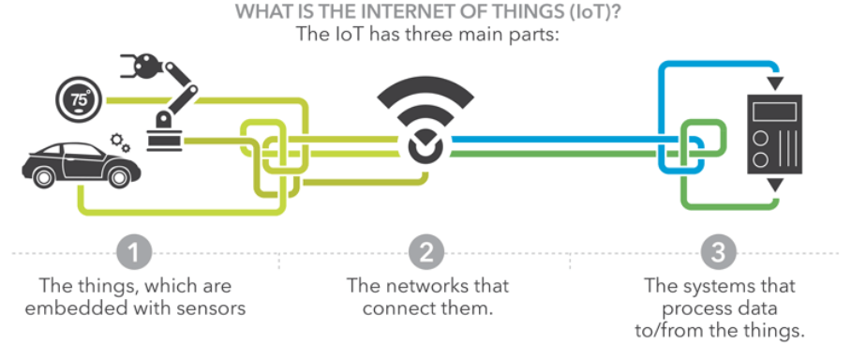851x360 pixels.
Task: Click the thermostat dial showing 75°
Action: tap(79, 100)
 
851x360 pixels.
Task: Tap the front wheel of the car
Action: tap(43, 176)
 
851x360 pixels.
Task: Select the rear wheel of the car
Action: tap(119, 176)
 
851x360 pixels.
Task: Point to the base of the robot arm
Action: tap(166, 135)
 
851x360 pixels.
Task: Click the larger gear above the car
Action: tap(116, 139)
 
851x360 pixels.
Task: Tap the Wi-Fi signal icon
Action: tap(425, 121)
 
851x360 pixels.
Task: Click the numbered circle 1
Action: tap(134, 252)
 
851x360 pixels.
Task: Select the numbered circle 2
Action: tap(425, 252)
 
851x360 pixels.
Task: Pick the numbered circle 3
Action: tap(718, 252)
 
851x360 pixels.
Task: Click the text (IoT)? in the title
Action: tap(596, 12)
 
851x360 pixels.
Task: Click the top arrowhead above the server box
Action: tap(774, 83)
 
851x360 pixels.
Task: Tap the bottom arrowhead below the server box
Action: tap(774, 186)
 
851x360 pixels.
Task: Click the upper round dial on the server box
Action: tap(761, 139)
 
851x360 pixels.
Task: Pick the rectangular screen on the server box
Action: tap(774, 112)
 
